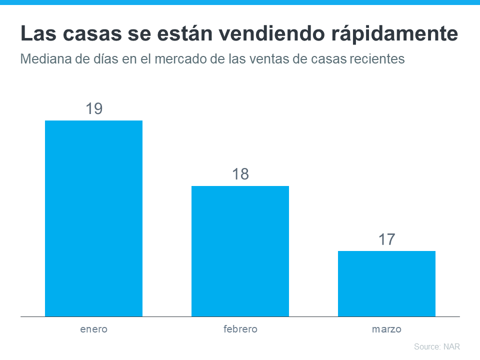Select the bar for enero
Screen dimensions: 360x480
(93, 218)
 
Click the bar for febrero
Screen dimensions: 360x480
(240, 251)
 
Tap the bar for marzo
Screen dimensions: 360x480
(386, 283)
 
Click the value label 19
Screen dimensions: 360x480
(93, 108)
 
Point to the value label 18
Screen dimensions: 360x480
(240, 174)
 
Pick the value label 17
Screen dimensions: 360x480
(386, 239)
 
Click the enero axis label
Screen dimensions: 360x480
(93, 329)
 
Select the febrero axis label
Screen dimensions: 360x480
(240, 329)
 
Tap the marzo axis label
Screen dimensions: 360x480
(386, 329)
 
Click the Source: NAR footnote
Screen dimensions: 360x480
(436, 346)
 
